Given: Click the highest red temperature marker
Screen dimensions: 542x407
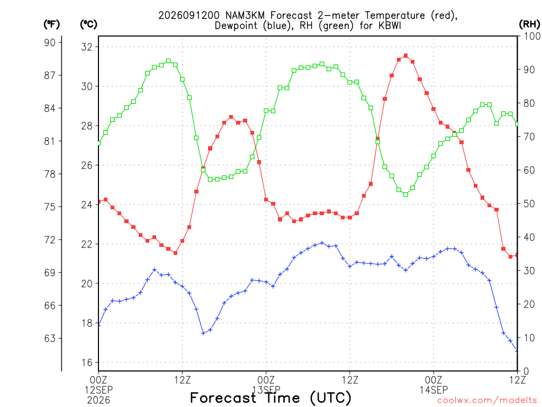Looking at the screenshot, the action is tap(406, 56).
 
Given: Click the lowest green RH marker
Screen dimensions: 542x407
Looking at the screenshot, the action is tap(406, 194).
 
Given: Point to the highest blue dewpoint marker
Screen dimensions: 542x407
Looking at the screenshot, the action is tap(322, 243).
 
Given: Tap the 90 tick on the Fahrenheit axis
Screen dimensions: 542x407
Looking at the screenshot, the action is tap(50, 42).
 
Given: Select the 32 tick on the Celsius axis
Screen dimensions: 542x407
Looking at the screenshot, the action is tap(87, 47).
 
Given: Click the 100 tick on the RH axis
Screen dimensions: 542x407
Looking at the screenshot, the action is tap(532, 36).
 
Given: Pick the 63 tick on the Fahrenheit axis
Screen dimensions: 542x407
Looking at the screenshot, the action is tap(50, 338).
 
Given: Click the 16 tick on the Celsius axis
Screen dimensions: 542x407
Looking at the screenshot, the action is tap(87, 362).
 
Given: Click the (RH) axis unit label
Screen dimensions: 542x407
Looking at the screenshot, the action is tap(529, 24).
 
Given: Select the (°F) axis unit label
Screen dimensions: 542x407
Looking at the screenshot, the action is tap(51, 24).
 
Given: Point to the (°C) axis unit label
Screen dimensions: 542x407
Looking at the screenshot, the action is tap(88, 24).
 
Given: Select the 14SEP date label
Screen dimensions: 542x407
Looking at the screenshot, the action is tap(434, 390).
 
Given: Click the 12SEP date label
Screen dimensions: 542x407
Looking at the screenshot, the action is tap(99, 390).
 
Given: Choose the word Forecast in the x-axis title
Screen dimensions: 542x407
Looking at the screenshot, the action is tap(223, 397).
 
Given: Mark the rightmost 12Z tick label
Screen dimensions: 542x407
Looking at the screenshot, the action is tap(517, 379).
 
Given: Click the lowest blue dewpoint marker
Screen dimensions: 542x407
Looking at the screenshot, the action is tap(517, 351).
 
